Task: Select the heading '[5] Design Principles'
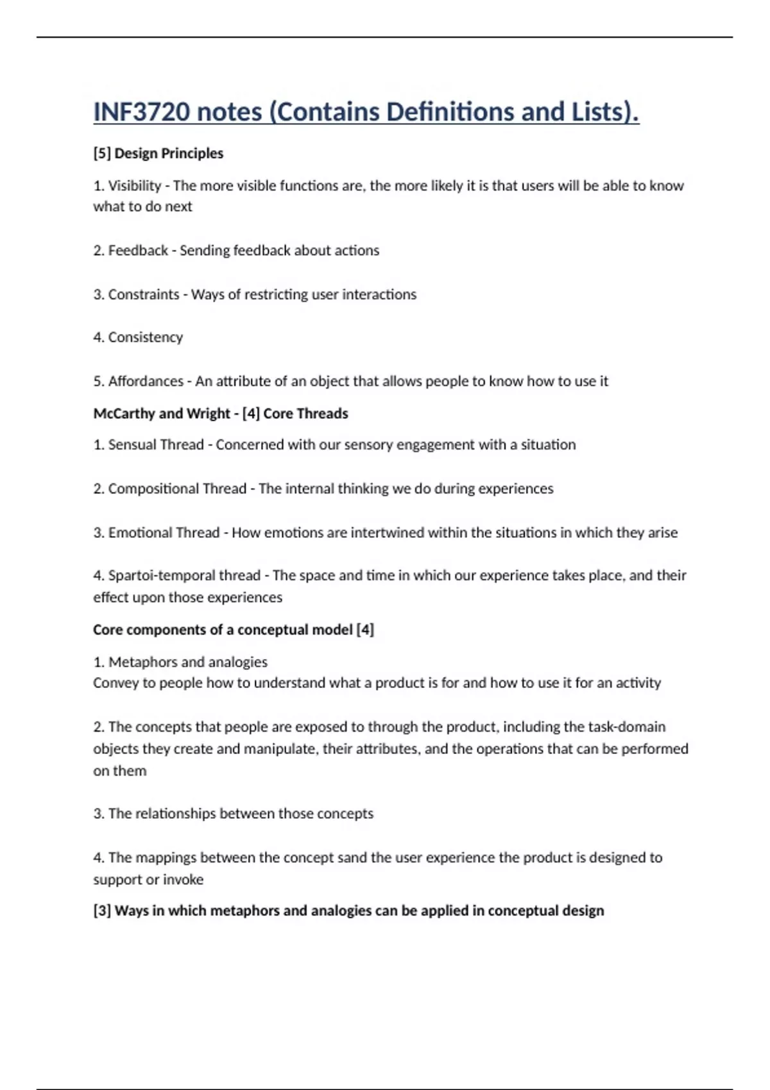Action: pyautogui.click(x=158, y=153)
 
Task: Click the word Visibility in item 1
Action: pyautogui.click(x=135, y=186)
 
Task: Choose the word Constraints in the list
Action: pyautogui.click(x=144, y=294)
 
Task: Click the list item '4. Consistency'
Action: pyautogui.click(x=138, y=337)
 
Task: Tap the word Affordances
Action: pyautogui.click(x=146, y=382)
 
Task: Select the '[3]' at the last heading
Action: pyautogui.click(x=102, y=911)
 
